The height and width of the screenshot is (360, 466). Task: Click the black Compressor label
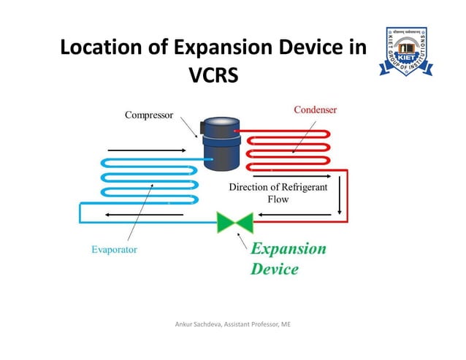(148, 115)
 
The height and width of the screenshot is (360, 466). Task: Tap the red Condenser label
(315, 110)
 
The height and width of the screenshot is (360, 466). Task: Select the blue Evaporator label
(114, 249)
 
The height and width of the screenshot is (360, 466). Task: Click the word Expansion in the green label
(289, 248)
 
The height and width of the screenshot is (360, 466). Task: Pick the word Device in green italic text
(275, 269)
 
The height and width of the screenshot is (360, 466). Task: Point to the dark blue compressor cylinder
(219, 146)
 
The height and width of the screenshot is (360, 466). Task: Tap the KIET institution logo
(407, 52)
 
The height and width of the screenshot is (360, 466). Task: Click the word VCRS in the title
(213, 75)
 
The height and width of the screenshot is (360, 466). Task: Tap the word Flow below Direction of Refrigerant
(278, 199)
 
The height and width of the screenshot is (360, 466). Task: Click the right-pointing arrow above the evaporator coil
(146, 150)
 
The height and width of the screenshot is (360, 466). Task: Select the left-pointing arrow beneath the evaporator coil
(131, 215)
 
